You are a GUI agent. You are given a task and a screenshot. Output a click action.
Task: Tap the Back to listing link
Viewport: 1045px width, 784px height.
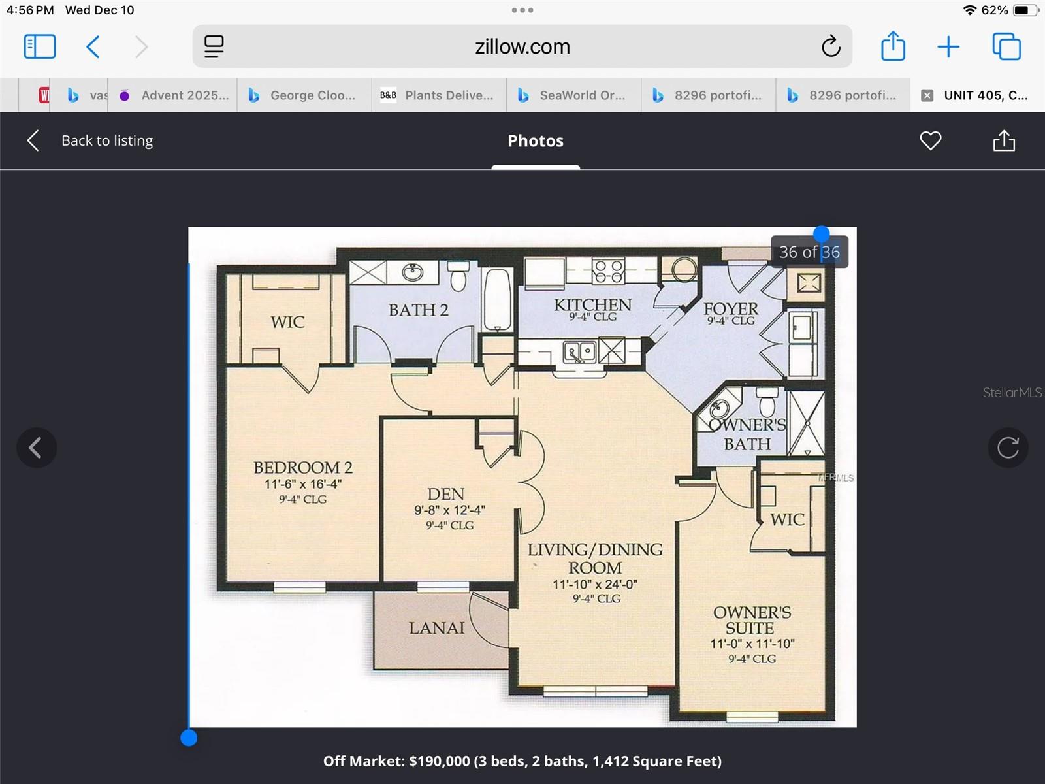[106, 140]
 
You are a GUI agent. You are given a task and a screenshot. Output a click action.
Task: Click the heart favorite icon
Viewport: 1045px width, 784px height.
[930, 140]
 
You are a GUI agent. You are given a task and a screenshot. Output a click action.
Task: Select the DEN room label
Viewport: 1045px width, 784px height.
[446, 494]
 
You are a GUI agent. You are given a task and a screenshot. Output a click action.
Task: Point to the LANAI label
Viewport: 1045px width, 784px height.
[436, 628]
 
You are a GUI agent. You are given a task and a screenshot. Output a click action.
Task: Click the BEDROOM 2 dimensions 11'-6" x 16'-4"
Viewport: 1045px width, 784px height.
[302, 484]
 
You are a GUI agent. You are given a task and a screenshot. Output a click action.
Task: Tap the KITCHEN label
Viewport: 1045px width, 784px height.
[592, 305]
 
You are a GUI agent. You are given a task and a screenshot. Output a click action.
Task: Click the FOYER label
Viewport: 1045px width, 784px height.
[731, 308]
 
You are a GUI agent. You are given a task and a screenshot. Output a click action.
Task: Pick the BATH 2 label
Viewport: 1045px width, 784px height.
[418, 310]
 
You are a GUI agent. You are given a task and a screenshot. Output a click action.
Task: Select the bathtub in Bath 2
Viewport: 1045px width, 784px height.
[498, 299]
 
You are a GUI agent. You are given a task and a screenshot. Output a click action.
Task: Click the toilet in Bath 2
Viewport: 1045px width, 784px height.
[458, 277]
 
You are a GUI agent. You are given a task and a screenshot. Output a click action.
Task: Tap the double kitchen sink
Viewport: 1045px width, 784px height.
[579, 352]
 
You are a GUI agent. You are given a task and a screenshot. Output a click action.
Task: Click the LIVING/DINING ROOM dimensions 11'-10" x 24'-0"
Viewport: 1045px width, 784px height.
[595, 584]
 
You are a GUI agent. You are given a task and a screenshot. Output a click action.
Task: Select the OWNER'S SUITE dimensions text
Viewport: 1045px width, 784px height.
[752, 644]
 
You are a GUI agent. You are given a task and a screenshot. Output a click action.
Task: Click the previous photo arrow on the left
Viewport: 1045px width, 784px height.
[37, 448]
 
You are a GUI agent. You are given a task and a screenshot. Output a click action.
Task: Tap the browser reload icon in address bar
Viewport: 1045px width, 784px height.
[831, 46]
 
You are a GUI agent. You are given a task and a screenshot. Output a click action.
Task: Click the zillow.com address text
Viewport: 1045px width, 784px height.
[522, 46]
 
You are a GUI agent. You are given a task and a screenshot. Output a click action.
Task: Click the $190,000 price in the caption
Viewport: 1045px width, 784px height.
[439, 761]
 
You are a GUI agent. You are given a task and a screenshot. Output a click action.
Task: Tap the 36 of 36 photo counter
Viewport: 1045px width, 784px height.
[809, 252]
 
